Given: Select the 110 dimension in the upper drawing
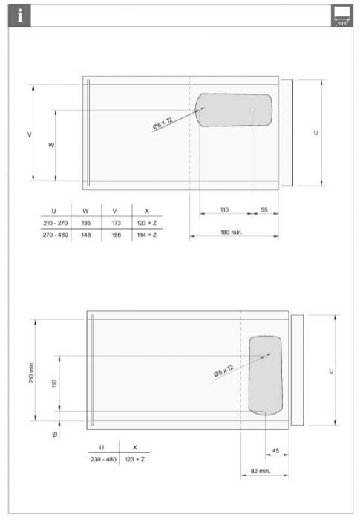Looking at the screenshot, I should pos(225,210).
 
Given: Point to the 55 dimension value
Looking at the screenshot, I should pos(264,210).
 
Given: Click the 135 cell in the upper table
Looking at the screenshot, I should pos(86,222).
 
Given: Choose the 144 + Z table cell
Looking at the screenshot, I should pos(148,235).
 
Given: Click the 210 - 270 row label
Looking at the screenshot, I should pos(53,222).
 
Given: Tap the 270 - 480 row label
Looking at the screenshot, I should pos(53,235).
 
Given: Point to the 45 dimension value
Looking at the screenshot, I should pos(276,450).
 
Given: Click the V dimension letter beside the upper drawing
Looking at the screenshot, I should pos(28,134).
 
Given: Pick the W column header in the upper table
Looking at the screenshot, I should pos(86,211).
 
